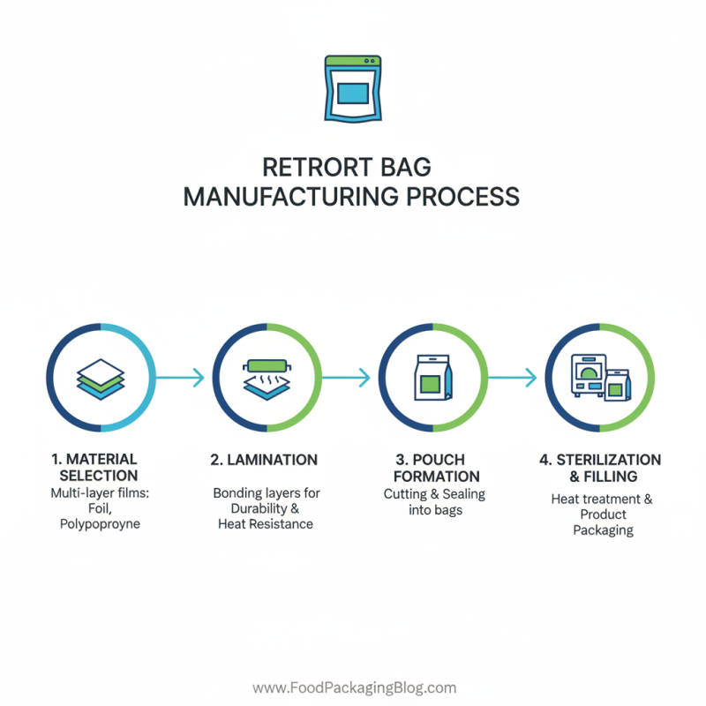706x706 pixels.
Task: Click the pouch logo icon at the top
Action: coord(352,87)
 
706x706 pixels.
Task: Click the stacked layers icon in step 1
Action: coord(101,377)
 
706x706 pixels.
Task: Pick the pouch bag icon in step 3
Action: coord(432,377)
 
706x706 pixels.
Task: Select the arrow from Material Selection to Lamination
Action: coord(183,378)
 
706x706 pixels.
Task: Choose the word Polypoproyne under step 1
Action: coord(100,524)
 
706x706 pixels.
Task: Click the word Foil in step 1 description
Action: coord(100,508)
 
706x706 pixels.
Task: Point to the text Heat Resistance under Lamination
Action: coord(266,524)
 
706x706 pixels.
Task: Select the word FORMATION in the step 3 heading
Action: coord(432,477)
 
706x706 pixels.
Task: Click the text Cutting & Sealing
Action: coord(434,494)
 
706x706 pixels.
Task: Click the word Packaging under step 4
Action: coord(603,530)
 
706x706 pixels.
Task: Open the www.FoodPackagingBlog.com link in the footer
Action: coord(354,687)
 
